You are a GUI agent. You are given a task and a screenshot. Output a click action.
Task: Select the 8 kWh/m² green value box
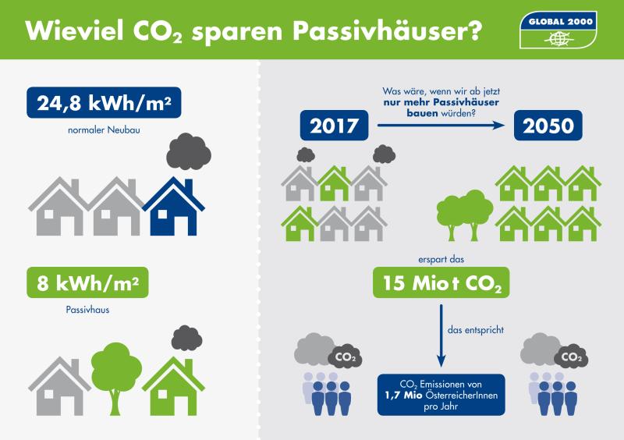tap(87, 283)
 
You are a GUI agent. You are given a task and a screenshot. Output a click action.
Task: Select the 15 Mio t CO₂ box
tap(442, 283)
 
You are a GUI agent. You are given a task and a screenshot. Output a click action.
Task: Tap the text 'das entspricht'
tap(476, 330)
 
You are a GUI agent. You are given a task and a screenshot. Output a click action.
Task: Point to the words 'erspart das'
tap(442, 257)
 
